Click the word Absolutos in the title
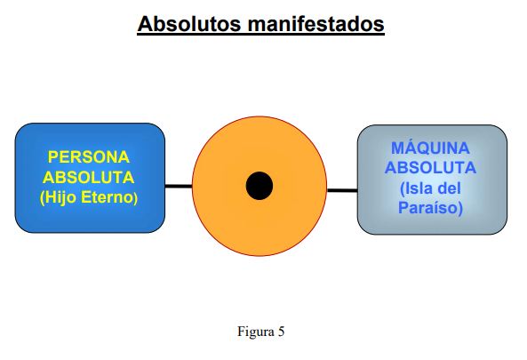pos(189,23)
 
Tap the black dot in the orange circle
pos(260,186)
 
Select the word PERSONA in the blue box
pos(89,157)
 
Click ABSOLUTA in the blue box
pos(88,177)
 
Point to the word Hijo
pos(58,197)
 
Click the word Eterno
pos(107,197)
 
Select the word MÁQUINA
pos(430,148)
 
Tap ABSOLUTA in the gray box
pos(430,167)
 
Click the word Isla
pos(417,188)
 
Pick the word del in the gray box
pos(450,188)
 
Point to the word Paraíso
pos(428,207)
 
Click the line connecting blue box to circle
pos(179,186)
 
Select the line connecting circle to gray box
pos(342,190)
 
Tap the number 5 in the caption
pos(281,332)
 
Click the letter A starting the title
pos(145,24)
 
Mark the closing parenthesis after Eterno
pos(136,198)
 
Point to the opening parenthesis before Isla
pos(402,188)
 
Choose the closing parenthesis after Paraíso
pos(460,208)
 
